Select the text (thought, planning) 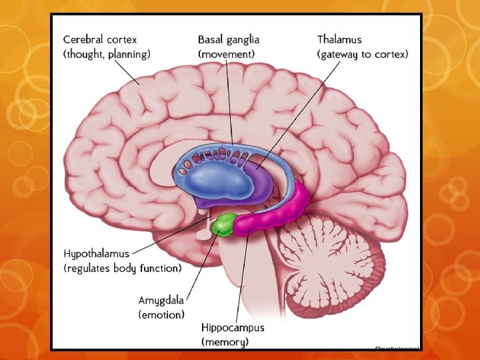(x=107, y=53)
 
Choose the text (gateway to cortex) (x=362, y=53)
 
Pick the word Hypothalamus (x=96, y=254)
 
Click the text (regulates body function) (x=122, y=269)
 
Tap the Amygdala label (x=162, y=299)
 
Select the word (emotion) (x=161, y=313)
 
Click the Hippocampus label (x=233, y=328)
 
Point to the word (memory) (x=225, y=342)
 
